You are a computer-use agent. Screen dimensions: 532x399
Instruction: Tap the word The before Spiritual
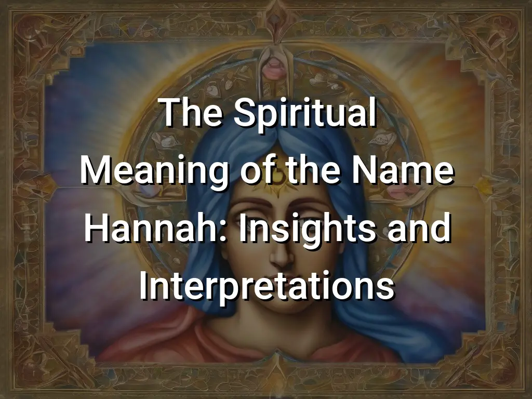pos(192,112)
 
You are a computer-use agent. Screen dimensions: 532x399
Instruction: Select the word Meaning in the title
pos(154,171)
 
